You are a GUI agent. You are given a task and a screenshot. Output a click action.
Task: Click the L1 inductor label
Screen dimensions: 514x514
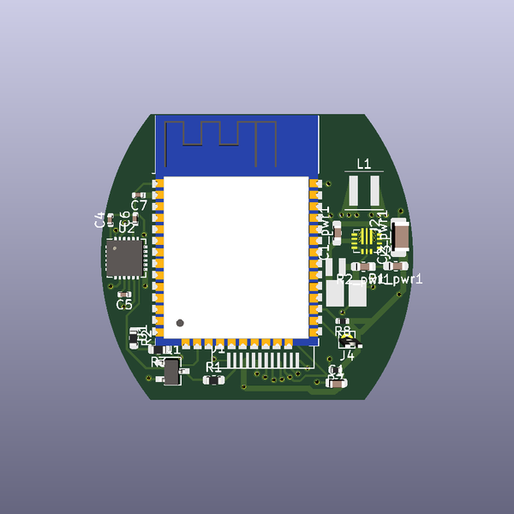pyautogui.click(x=364, y=164)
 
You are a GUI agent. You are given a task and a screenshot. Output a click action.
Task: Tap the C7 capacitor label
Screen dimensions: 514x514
pyautogui.click(x=139, y=206)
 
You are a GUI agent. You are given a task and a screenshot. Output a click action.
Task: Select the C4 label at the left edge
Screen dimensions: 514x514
pyautogui.click(x=99, y=219)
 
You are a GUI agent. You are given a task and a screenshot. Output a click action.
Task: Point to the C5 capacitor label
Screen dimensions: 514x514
pyautogui.click(x=124, y=304)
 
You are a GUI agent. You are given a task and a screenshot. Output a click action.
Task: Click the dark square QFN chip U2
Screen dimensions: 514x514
pyautogui.click(x=124, y=258)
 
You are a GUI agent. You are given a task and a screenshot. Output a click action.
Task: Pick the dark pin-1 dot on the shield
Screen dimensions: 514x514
pyautogui.click(x=180, y=323)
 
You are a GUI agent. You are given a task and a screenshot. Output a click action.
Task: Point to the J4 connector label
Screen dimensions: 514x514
pyautogui.click(x=347, y=355)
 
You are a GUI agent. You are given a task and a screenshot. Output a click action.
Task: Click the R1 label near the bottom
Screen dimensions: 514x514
pyautogui.click(x=213, y=367)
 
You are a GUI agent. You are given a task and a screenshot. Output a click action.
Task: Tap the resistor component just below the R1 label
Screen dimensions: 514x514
pyautogui.click(x=213, y=379)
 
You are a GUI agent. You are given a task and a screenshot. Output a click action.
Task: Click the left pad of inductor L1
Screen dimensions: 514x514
pyautogui.click(x=354, y=190)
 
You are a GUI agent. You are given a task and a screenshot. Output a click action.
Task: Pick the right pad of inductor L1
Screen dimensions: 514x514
pyautogui.click(x=375, y=190)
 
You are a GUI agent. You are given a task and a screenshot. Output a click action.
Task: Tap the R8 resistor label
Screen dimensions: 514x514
pyautogui.click(x=343, y=331)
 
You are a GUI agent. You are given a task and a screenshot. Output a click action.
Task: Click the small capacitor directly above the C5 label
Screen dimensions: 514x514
pyautogui.click(x=124, y=294)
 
